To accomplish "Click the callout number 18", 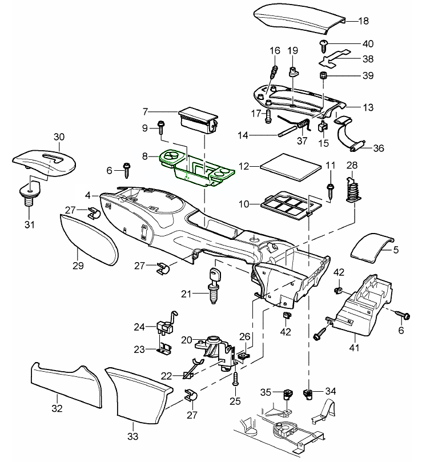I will pyautogui.click(x=363, y=21).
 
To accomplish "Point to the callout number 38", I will pyautogui.click(x=368, y=59).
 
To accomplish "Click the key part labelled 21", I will pyautogui.click(x=215, y=283).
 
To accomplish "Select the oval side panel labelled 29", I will pyautogui.click(x=89, y=240).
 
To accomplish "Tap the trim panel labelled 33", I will pyautogui.click(x=140, y=394).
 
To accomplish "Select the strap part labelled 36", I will pyautogui.click(x=348, y=136).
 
